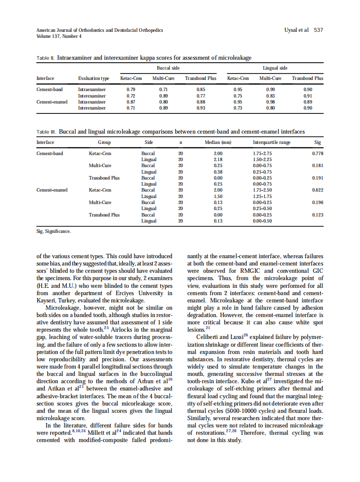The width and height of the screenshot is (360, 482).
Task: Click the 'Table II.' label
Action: pyautogui.click(x=46, y=58)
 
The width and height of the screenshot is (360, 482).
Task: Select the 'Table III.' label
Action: pyautogui.click(x=46, y=132)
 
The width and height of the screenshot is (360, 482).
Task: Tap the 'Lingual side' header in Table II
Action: pyautogui.click(x=275, y=68)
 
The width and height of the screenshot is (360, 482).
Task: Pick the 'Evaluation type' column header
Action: pyautogui.click(x=93, y=78)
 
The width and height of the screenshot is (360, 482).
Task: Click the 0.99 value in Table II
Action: pyautogui.click(x=270, y=89)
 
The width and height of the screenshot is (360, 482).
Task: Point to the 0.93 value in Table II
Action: pyautogui.click(x=200, y=108)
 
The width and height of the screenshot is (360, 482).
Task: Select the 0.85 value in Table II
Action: pyautogui.click(x=200, y=89)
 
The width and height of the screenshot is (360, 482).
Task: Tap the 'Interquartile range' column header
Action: pyautogui.click(x=272, y=142)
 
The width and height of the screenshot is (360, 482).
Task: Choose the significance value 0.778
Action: pyautogui.click(x=317, y=153)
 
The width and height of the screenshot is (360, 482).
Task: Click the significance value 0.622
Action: pyautogui.click(x=317, y=190)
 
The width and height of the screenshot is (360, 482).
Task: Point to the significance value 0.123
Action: pyautogui.click(x=317, y=214)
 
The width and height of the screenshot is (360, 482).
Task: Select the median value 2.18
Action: pyautogui.click(x=218, y=159)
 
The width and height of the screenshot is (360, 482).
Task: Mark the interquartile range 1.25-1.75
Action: pyautogui.click(x=262, y=196)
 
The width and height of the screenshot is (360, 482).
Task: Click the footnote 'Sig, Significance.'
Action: pyautogui.click(x=54, y=232)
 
